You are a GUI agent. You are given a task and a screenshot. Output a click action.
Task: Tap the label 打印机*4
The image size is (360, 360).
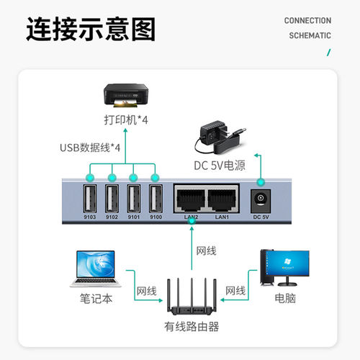[x=127, y=120]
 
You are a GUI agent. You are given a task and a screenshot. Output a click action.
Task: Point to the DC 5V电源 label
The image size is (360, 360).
[x=219, y=166]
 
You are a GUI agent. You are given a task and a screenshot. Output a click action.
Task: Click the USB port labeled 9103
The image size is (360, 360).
[x=91, y=198]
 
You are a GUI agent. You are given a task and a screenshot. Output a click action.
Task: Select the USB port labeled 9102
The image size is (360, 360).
[x=112, y=198]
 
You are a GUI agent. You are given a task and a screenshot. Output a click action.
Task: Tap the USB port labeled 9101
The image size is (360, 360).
[x=133, y=198]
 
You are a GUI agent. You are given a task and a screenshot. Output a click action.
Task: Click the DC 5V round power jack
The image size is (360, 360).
[x=261, y=200]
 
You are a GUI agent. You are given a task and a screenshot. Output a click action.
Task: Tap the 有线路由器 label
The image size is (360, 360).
[x=190, y=327]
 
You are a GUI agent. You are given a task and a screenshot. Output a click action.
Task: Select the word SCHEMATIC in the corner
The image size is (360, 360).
[x=309, y=35]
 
